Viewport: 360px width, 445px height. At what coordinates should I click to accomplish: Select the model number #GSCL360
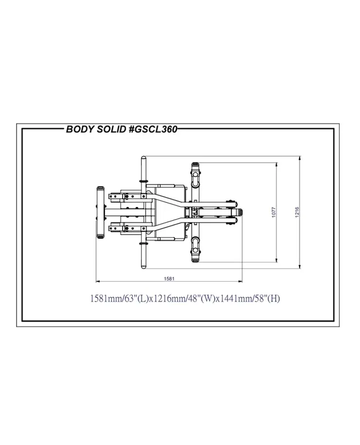(153, 129)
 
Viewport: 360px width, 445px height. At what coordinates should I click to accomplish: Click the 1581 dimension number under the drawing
(169, 279)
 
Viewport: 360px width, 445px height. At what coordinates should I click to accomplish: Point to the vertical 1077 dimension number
(274, 212)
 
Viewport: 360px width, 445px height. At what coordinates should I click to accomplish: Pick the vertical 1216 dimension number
(297, 212)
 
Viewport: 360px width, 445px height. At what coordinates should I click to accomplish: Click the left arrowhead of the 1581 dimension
(98, 281)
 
